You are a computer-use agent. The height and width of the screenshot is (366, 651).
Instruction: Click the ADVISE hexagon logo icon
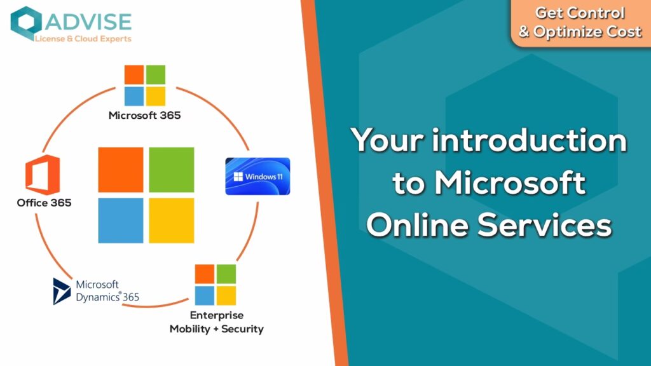25,23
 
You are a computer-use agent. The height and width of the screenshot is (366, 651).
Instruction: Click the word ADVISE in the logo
88,22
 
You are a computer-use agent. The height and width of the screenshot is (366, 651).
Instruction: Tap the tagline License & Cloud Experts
83,39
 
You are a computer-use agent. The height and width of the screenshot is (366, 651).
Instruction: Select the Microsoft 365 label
144,116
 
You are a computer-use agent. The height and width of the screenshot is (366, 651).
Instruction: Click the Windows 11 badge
257,177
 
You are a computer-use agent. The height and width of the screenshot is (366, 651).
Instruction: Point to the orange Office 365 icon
43,175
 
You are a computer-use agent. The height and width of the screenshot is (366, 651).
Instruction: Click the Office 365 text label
44,203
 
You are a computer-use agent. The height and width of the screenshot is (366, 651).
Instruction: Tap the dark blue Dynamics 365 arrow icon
62,291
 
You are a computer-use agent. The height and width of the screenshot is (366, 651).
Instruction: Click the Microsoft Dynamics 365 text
107,291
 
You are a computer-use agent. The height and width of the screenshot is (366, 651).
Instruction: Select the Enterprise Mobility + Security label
216,322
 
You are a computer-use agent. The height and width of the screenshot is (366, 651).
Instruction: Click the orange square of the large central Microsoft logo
121,170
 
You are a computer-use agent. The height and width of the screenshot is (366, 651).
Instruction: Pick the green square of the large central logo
172,170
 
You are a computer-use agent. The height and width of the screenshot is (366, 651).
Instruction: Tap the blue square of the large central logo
121,220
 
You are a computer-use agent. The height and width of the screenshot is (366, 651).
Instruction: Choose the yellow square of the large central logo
172,220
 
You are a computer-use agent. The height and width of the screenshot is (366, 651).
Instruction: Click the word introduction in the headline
530,140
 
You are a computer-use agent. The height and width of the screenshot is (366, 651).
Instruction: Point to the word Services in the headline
545,226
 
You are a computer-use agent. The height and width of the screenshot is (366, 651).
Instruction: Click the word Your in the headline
387,140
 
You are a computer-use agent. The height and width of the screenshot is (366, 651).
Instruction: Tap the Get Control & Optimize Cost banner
580,23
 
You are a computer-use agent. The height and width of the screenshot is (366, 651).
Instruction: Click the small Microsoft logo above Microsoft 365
145,86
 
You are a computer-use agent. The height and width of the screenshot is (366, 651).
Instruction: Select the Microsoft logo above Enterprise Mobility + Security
216,285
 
